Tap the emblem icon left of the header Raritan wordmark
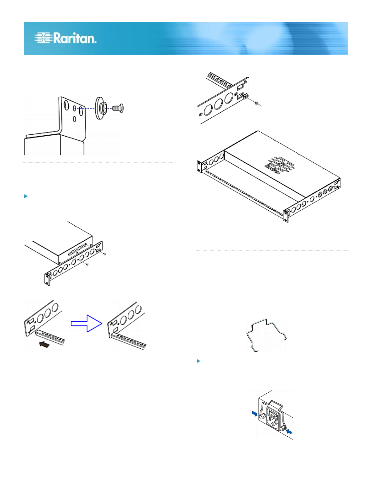coord(43,38)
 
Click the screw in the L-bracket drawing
coord(118,108)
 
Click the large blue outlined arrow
coord(87,323)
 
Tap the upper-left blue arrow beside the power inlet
coord(255,413)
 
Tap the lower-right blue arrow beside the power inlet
coord(289,432)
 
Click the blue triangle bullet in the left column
coord(26,196)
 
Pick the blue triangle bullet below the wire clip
coord(198,361)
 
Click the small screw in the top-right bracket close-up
coord(256,103)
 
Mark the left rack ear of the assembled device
coord(199,166)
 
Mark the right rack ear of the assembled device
coord(286,216)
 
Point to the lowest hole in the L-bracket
coord(75,119)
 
